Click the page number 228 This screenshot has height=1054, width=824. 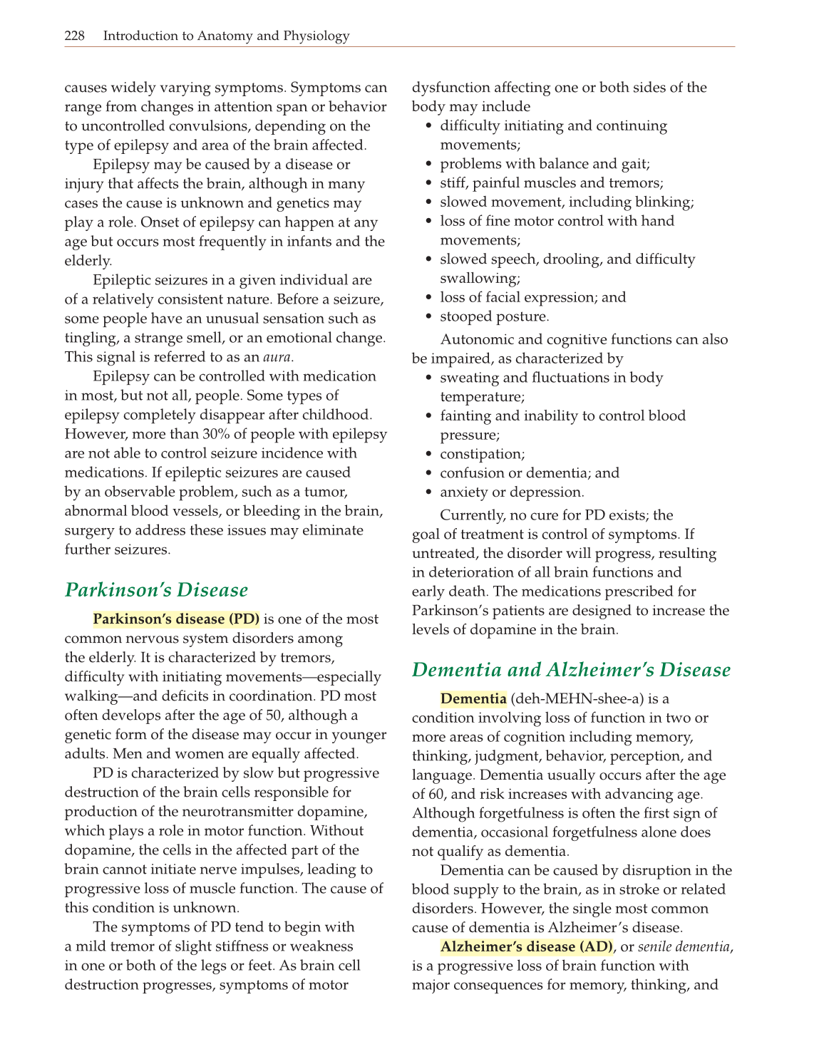[x=75, y=36]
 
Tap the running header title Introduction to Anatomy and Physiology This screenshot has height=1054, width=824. [x=226, y=36]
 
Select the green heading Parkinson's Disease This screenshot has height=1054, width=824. [x=156, y=590]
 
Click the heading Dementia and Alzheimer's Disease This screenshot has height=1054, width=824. [x=571, y=670]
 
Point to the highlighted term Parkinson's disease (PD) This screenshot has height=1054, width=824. [x=176, y=619]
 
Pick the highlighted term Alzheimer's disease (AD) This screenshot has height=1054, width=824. [x=527, y=946]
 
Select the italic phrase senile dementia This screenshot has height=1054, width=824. [x=684, y=946]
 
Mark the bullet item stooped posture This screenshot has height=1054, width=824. [x=494, y=316]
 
